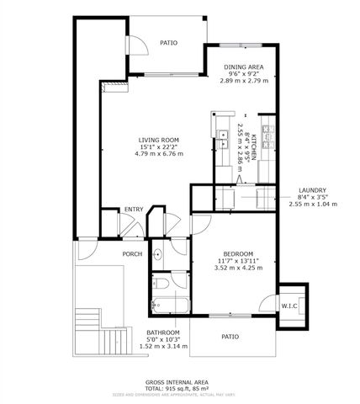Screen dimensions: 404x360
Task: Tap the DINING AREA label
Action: (x=245, y=66)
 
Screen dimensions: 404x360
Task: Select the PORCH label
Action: (x=131, y=253)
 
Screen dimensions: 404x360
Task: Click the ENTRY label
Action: (x=133, y=209)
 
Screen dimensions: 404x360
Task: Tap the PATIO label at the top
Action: (x=170, y=41)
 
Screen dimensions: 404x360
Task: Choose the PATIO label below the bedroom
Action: (x=230, y=337)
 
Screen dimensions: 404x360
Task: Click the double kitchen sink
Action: (x=224, y=139)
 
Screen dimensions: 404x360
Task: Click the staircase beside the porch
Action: (x=111, y=339)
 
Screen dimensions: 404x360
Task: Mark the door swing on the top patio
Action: (x=137, y=48)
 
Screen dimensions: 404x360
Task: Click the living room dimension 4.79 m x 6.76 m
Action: (x=161, y=154)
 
